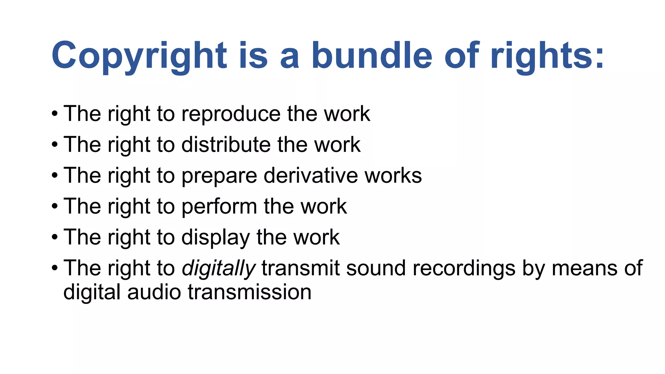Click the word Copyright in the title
(x=139, y=56)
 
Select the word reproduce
(x=231, y=114)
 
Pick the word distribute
(x=226, y=144)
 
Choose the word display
(x=216, y=238)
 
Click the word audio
(x=154, y=292)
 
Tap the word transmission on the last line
(x=249, y=292)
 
